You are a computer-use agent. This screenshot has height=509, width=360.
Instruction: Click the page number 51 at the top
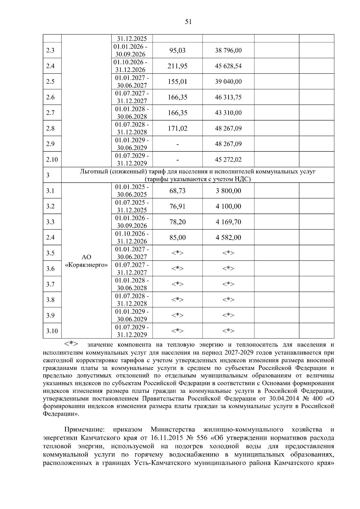[x=188, y=22]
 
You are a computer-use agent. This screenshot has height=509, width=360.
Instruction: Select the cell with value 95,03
[x=177, y=50]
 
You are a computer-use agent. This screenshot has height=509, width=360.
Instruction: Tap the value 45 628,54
[x=228, y=66]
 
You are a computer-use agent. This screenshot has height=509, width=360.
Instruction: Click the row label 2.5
[x=50, y=82]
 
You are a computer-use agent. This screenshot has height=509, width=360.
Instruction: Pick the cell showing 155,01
[x=177, y=82]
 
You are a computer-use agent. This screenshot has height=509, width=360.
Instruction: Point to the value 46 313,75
[x=228, y=97]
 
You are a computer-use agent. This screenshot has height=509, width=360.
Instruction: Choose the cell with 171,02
[x=177, y=128]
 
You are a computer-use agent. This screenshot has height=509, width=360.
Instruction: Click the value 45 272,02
[x=228, y=159]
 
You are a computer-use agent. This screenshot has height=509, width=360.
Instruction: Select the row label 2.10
[x=52, y=159]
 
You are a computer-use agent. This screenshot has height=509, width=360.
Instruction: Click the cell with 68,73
[x=177, y=191]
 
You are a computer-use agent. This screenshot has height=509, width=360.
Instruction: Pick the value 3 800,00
[x=228, y=191]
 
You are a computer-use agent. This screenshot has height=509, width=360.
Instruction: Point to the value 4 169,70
[x=228, y=222]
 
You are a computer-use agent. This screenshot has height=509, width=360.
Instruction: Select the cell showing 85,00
[x=177, y=237]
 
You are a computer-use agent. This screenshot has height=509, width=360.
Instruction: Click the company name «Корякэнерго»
[x=86, y=265]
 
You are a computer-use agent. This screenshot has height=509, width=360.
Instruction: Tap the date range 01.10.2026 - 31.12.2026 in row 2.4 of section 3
[x=132, y=237]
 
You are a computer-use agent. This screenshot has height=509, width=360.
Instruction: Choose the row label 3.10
[x=52, y=331]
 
